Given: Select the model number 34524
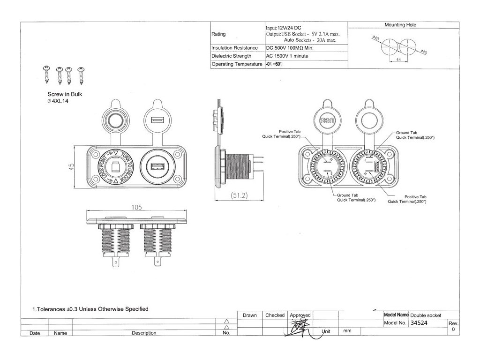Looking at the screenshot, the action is click(x=419, y=323).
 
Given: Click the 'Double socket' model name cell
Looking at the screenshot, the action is click(x=426, y=315).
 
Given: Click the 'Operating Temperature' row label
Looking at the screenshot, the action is click(x=236, y=64).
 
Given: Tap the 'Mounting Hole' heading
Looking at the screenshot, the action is click(x=400, y=25).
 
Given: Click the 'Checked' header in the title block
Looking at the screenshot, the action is click(x=275, y=315).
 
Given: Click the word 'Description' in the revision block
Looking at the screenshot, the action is click(x=144, y=333).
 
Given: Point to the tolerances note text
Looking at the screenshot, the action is click(x=90, y=309).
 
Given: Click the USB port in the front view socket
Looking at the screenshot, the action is click(x=157, y=167).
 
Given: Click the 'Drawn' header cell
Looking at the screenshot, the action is click(x=250, y=315).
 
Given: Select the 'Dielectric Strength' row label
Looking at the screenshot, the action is click(x=233, y=56).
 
